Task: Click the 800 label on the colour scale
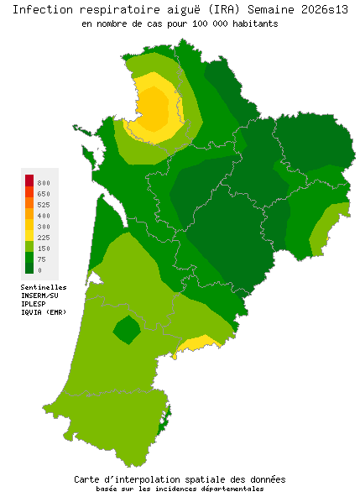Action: [x=44, y=182]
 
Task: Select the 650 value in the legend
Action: [x=44, y=193]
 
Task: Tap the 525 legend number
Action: [x=44, y=204]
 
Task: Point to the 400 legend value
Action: [x=44, y=216]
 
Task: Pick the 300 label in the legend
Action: [x=44, y=227]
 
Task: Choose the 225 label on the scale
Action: [x=44, y=238]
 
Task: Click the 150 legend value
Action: [x=44, y=248]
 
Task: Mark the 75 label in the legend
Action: [x=42, y=259]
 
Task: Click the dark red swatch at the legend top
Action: [x=29, y=180]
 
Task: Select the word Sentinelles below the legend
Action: [x=44, y=286]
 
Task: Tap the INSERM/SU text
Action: [x=39, y=295]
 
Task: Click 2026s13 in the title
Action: [x=320, y=9]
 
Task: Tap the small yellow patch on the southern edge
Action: [x=201, y=343]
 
